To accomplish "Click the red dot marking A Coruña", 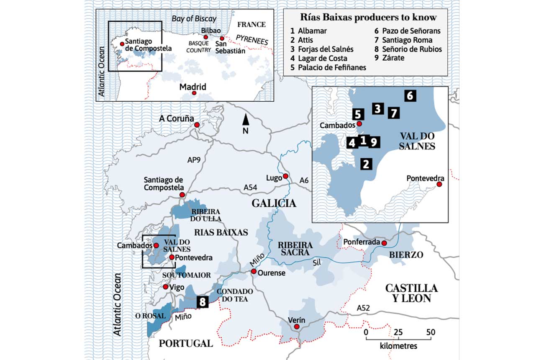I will tap(197, 125).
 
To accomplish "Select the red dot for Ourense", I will tap(254, 272).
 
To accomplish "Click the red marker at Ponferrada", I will tap(384, 243).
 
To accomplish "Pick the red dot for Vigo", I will tap(165, 287).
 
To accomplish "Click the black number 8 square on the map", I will tap(203, 302).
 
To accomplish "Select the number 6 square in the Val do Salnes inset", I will tap(410, 96).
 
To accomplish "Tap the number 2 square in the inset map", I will tap(366, 164).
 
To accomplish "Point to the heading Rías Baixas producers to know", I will tap(369, 18).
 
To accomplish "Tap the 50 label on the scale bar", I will tap(431, 332).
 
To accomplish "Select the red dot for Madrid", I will tap(194, 93).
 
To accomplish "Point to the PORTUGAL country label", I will tap(186, 344).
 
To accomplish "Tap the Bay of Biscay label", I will tap(194, 18).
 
